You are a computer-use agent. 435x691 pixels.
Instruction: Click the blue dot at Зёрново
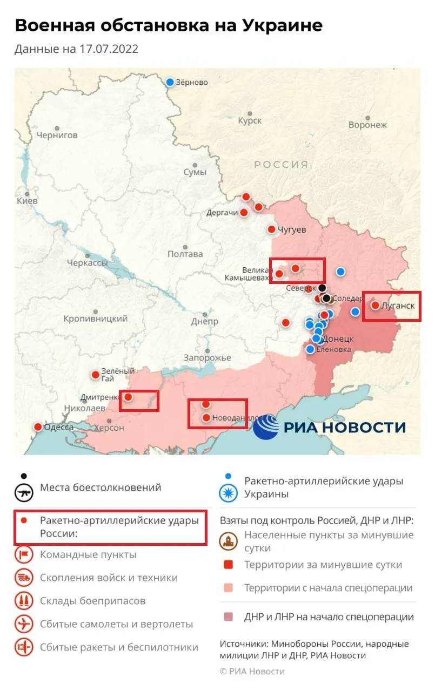(x=170, y=82)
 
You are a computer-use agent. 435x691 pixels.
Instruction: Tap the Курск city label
(x=250, y=120)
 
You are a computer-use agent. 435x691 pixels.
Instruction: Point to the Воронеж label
(x=367, y=125)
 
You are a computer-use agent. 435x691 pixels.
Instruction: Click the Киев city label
(x=27, y=200)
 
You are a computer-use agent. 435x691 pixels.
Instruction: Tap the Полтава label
(x=185, y=254)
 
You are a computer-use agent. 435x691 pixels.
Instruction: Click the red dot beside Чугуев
(x=272, y=229)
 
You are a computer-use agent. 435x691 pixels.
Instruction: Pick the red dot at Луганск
(x=375, y=306)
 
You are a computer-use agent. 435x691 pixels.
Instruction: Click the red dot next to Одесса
(x=38, y=426)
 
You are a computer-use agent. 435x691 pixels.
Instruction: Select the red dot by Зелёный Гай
(x=96, y=374)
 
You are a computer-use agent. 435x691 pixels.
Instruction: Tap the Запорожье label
(x=207, y=357)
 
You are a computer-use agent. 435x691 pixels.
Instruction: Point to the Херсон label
(x=110, y=428)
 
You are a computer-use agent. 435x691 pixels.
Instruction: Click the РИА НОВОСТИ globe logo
(x=266, y=427)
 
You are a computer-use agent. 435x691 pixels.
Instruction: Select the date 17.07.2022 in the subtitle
(x=108, y=49)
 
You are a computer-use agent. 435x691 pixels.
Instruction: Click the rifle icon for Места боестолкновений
(x=24, y=491)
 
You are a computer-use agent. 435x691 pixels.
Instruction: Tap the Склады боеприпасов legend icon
(x=24, y=601)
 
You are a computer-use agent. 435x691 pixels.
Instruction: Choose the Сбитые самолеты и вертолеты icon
(x=24, y=624)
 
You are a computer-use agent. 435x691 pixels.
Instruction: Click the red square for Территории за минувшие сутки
(x=229, y=565)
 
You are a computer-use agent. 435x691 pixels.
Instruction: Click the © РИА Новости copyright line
(x=252, y=671)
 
